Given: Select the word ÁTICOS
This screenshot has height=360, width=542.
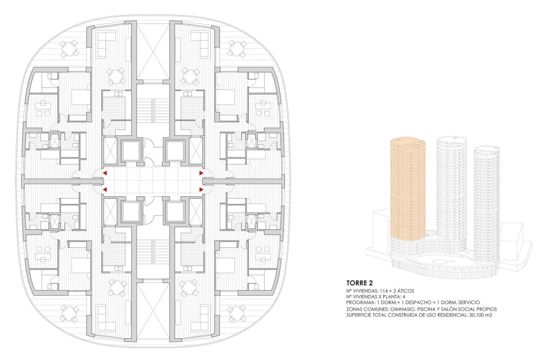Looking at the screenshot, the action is [x=405, y=291].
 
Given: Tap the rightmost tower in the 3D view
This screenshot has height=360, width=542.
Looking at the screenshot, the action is [x=487, y=204].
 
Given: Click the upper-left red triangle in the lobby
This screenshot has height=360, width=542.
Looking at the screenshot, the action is [x=104, y=173].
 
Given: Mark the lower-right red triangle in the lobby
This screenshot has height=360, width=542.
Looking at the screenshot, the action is [x=201, y=189].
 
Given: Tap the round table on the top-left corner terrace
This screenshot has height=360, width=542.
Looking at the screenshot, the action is [x=69, y=49].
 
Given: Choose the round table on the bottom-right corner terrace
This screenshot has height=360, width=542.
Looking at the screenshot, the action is [x=237, y=314].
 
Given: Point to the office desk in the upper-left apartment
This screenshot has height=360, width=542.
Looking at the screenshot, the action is [x=43, y=108].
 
